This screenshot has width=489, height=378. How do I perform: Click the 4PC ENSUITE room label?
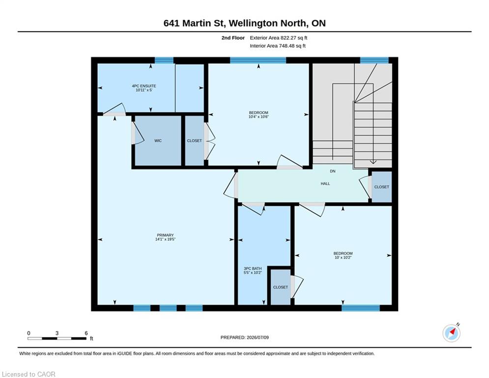(144, 86)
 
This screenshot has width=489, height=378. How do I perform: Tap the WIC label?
(158, 141)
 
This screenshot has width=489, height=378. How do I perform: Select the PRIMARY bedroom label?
(165, 235)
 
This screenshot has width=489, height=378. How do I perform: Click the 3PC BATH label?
(253, 269)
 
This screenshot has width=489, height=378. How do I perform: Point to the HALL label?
(325, 184)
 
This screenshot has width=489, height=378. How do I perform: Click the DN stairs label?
(333, 171)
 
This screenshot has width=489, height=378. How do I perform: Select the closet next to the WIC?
(194, 141)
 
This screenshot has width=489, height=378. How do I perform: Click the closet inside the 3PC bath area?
(280, 287)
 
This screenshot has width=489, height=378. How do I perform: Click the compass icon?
(451, 333)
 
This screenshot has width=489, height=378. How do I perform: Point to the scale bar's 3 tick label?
(57, 333)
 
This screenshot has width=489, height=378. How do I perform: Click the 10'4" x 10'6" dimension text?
(259, 117)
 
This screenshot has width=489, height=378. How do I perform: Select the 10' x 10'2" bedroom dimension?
(343, 258)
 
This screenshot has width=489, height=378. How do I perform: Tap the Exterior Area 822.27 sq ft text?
(279, 38)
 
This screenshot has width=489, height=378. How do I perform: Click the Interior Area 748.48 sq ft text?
(278, 46)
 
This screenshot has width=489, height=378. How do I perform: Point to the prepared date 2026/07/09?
(258, 337)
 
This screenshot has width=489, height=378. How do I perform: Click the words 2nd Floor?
(233, 38)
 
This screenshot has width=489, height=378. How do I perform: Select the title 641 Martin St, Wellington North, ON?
(245, 23)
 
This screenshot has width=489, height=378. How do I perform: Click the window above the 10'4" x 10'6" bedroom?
(258, 60)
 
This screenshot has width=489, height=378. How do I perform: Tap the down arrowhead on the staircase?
(373, 162)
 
